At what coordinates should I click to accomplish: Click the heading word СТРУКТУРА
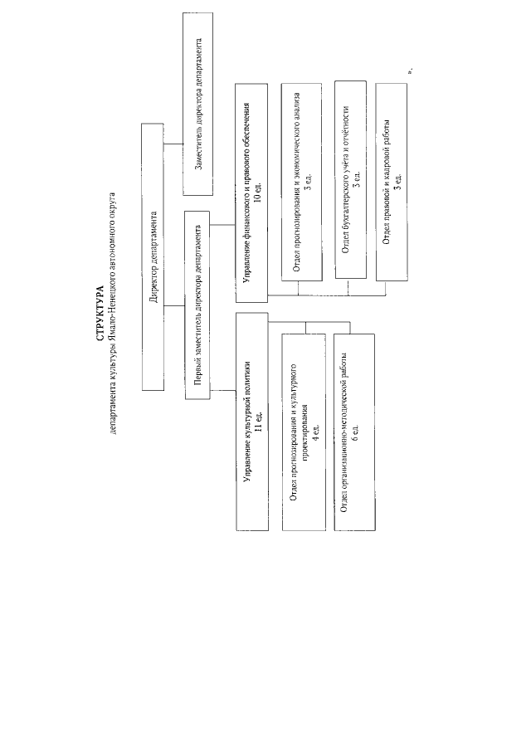(x=100, y=313)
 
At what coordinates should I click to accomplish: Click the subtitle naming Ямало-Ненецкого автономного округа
(x=113, y=313)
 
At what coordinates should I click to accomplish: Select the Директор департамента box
(x=153, y=256)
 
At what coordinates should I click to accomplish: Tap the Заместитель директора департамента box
(x=197, y=104)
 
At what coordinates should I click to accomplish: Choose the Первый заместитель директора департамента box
(x=197, y=305)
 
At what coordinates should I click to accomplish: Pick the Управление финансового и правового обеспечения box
(x=251, y=193)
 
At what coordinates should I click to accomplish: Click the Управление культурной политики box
(x=252, y=422)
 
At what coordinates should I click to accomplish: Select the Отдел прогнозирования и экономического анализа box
(x=301, y=182)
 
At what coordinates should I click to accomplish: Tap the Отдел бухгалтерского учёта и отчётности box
(x=350, y=179)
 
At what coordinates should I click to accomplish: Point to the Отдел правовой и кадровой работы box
(x=391, y=182)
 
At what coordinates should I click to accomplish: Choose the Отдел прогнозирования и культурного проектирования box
(x=304, y=432)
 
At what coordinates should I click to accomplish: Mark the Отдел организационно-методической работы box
(x=354, y=432)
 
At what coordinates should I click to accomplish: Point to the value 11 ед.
(x=259, y=422)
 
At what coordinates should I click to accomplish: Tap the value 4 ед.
(x=315, y=432)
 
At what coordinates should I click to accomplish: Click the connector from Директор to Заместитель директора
(x=173, y=144)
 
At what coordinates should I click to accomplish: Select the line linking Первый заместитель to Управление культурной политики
(x=223, y=391)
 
